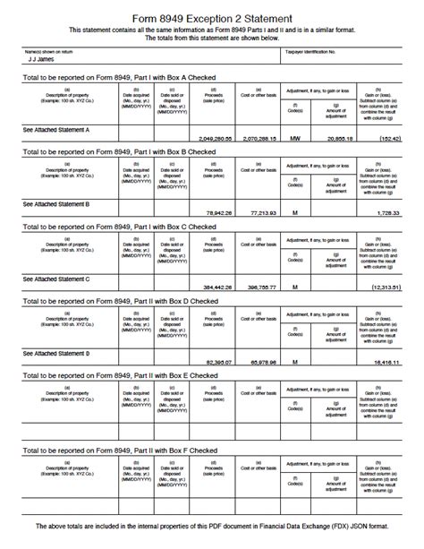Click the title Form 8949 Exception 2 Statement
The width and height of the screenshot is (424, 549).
click(x=212, y=18)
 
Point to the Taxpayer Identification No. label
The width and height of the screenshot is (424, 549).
click(x=310, y=52)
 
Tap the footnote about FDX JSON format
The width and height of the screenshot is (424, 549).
click(x=212, y=525)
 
